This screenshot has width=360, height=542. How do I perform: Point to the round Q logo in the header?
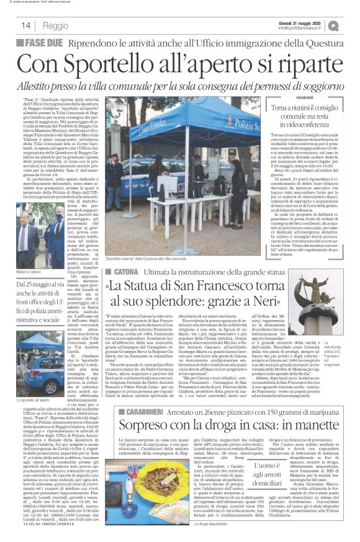(351, 25)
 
